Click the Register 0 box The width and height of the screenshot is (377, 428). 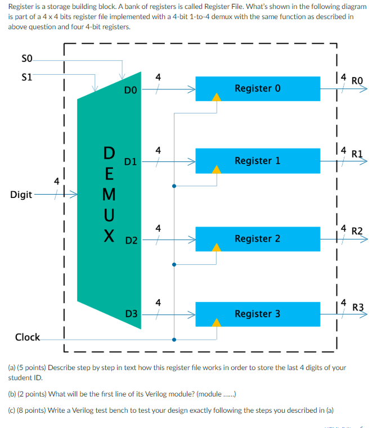pos(257,88)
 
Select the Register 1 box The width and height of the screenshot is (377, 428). pos(257,161)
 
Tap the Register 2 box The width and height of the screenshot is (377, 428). pos(257,238)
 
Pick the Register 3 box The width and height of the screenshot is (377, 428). pos(257,313)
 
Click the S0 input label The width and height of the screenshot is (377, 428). pos(26,58)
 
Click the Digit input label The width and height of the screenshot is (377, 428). pos(21,195)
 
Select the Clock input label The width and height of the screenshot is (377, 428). pos(27,337)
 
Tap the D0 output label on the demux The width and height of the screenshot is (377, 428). pos(130,90)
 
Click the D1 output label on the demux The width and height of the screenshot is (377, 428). pos(131,162)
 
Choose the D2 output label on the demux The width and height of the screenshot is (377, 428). pos(131,241)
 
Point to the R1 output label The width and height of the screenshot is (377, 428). pos(357,152)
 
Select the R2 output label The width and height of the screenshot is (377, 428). pos(357,231)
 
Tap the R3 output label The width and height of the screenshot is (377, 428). pos(358,307)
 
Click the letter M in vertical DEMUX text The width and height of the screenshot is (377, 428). pos(109,194)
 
